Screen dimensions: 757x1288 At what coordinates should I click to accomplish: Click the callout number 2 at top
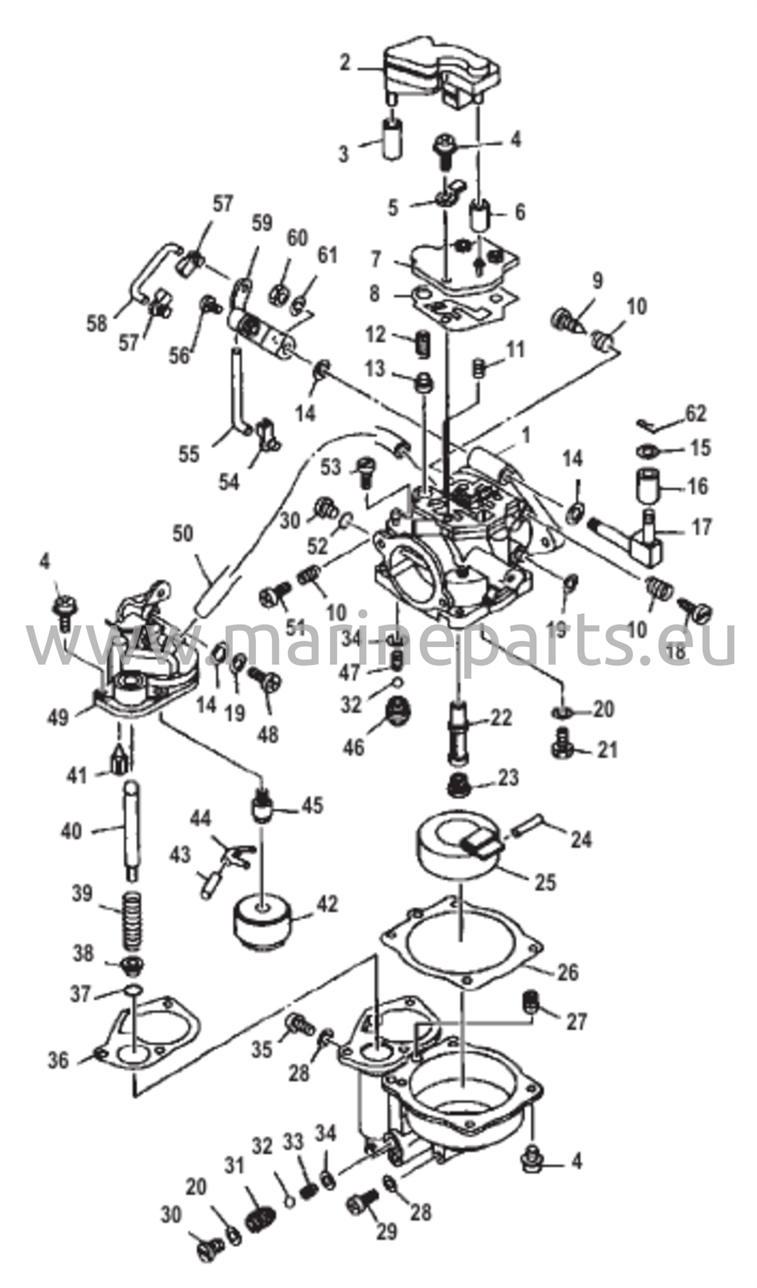pos(344,64)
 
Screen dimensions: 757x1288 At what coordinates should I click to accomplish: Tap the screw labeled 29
pos(361,1202)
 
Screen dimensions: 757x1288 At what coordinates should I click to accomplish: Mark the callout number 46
pos(354,748)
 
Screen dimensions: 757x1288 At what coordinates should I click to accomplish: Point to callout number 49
pos(59,718)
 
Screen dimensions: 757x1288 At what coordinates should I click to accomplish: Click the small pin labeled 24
pos(530,825)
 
